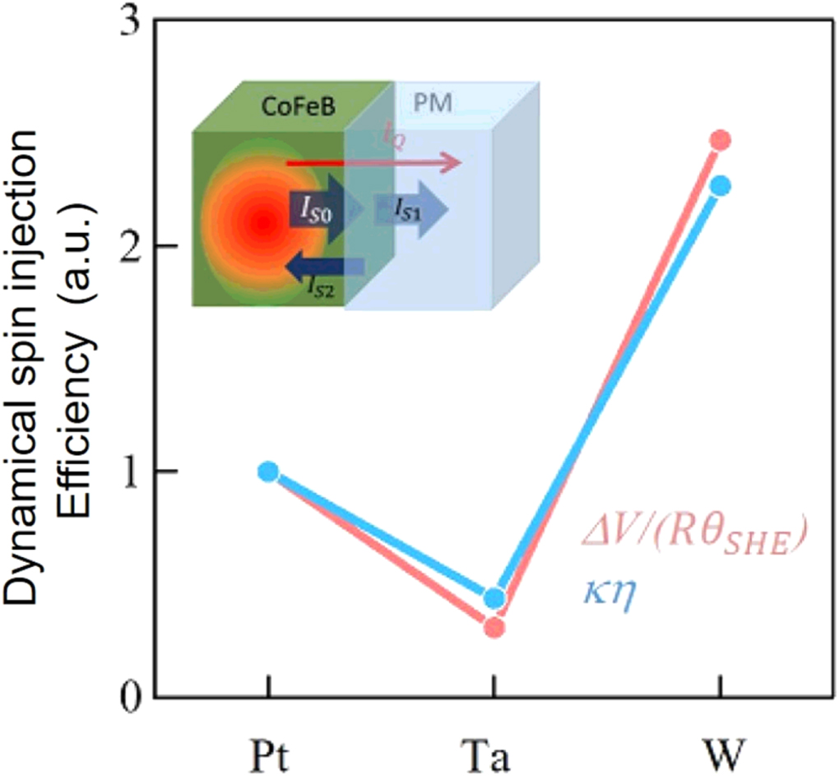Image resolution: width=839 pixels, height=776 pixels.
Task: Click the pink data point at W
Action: click(x=721, y=140)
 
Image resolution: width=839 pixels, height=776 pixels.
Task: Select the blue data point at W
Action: click(x=721, y=186)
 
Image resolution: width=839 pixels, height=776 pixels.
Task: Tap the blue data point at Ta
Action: click(x=494, y=598)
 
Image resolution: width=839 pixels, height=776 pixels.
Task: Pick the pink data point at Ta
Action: click(x=494, y=628)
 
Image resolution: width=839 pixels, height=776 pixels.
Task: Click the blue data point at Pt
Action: click(x=268, y=472)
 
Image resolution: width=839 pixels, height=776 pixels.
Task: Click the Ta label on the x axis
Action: click(x=494, y=751)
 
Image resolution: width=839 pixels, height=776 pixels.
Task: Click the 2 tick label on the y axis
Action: click(x=131, y=246)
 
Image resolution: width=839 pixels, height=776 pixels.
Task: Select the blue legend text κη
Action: click(x=611, y=588)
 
